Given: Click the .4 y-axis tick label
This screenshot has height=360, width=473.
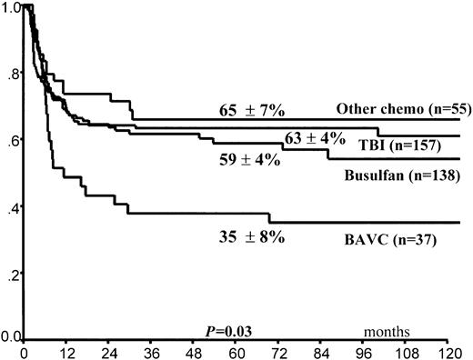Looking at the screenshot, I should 12,207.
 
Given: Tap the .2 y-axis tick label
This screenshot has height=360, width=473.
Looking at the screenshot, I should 12,274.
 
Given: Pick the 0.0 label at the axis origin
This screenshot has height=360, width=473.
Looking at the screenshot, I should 10,339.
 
